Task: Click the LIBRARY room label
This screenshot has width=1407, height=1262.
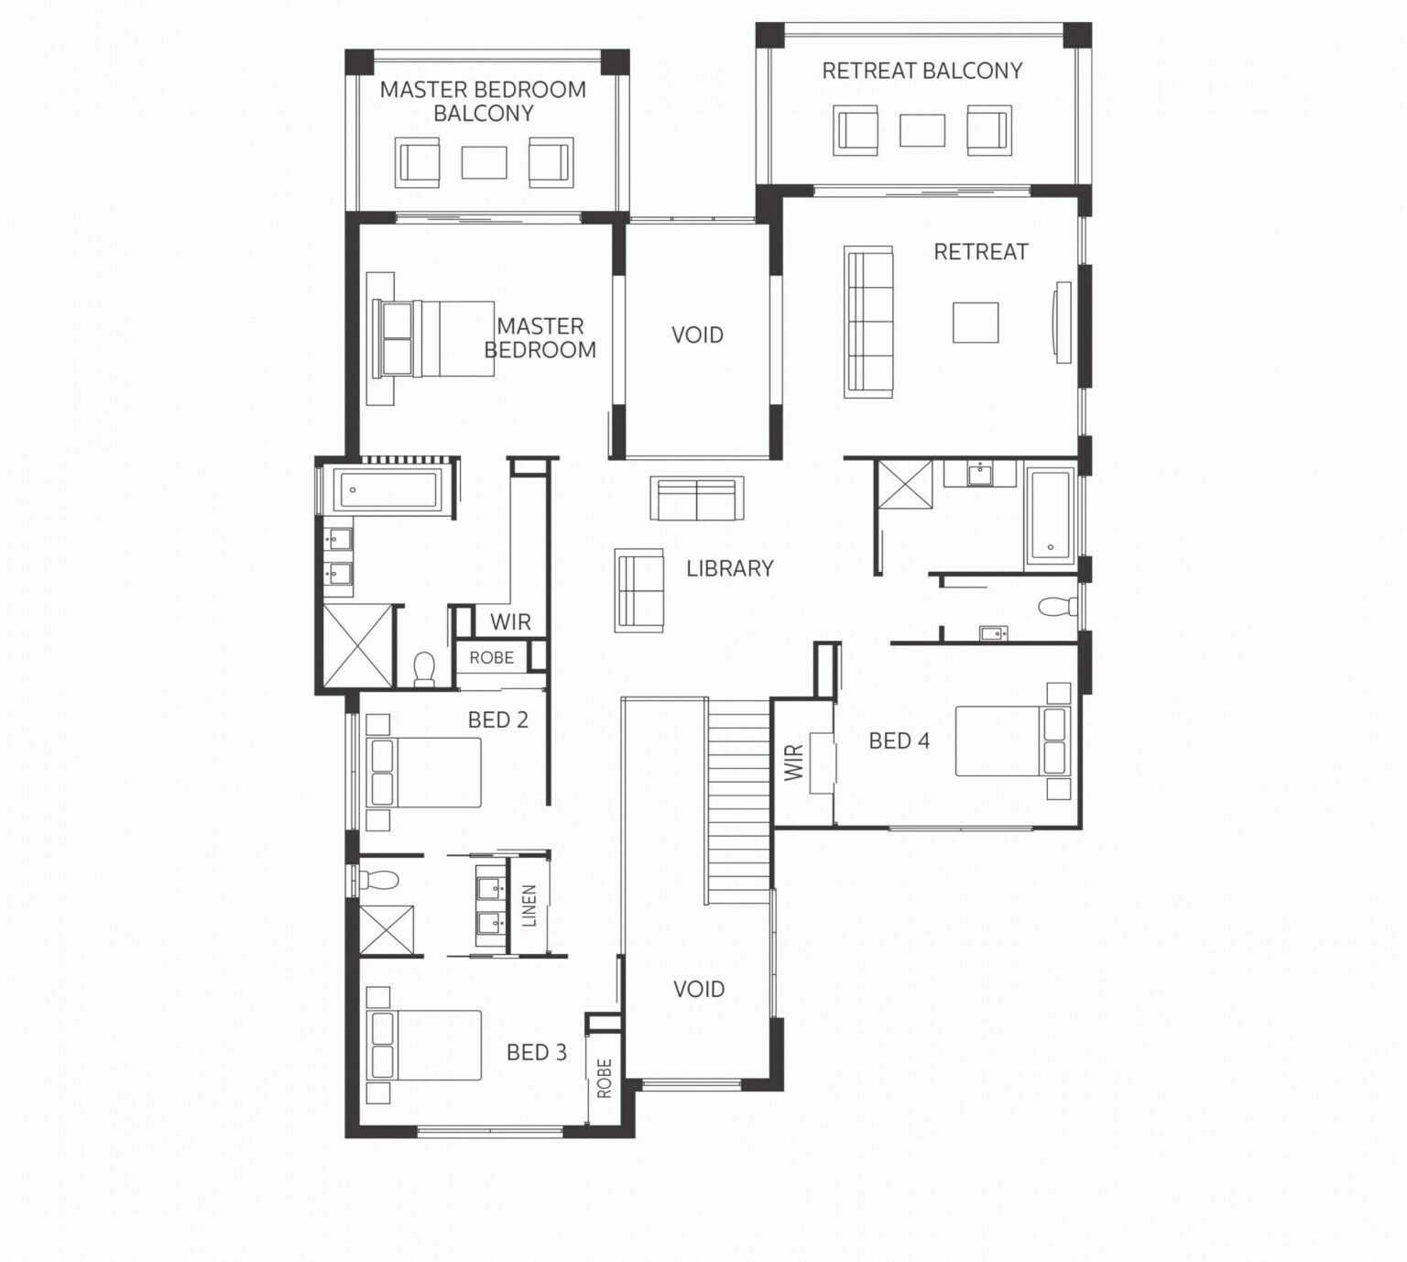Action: click(x=729, y=568)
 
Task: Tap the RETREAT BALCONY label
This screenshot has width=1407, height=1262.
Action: click(x=922, y=71)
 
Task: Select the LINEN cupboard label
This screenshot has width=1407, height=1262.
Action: click(x=529, y=905)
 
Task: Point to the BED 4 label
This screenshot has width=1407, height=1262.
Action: click(x=899, y=741)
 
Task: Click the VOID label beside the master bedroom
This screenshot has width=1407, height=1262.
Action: click(x=697, y=335)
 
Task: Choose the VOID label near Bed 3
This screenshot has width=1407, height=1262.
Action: click(x=698, y=989)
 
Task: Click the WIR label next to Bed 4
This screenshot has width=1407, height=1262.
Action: click(x=794, y=762)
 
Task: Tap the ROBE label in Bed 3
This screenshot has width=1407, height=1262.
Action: click(x=604, y=1078)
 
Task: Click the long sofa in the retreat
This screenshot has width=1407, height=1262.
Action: click(x=867, y=322)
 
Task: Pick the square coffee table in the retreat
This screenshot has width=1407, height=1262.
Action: click(x=975, y=323)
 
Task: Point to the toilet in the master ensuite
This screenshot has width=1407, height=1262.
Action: click(x=424, y=668)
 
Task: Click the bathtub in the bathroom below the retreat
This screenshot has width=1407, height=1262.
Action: click(x=1050, y=514)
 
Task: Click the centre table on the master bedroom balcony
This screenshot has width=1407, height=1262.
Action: click(x=484, y=163)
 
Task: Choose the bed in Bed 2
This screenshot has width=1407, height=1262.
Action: click(x=423, y=773)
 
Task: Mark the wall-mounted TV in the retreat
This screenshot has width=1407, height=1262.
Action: click(x=1063, y=322)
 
